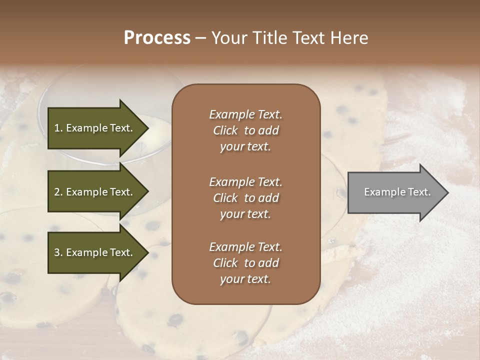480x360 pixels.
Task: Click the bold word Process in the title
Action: click(x=157, y=38)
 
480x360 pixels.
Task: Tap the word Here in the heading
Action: click(x=348, y=38)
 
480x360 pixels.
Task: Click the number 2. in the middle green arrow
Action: click(x=58, y=192)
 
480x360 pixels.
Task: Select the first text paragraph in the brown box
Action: click(x=245, y=130)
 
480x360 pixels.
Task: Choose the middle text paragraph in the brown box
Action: click(x=245, y=198)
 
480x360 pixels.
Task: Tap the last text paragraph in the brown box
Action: click(x=245, y=263)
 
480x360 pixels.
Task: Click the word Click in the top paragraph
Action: click(x=225, y=130)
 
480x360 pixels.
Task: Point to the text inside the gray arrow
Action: click(x=397, y=192)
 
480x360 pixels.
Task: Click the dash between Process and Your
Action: click(x=200, y=38)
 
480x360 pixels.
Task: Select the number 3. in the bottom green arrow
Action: click(x=58, y=252)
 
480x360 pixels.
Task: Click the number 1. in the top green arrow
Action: click(x=58, y=128)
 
